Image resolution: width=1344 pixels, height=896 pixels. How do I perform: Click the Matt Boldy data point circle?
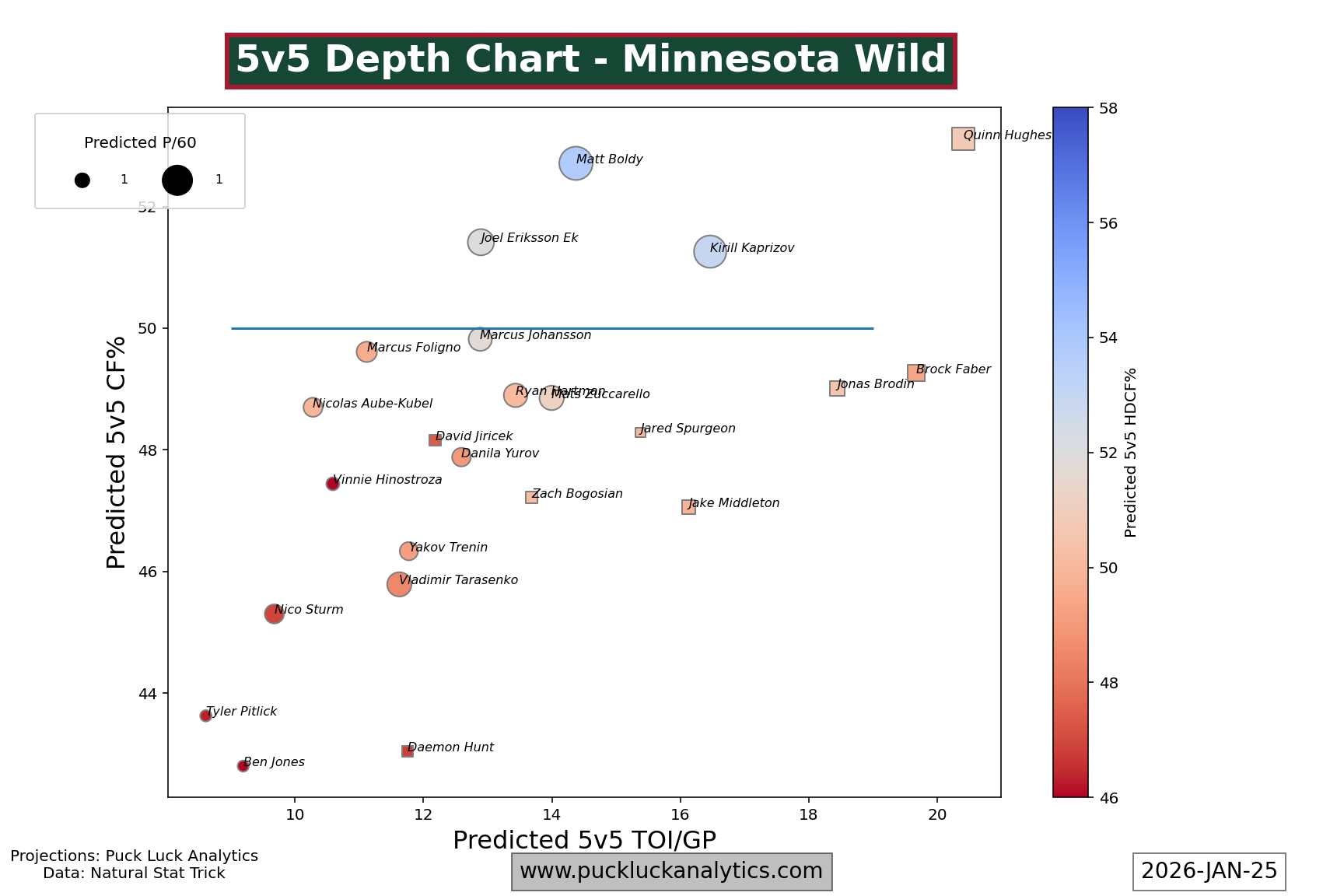pos(576,163)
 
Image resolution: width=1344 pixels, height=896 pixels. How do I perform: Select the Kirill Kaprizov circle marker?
pos(709,252)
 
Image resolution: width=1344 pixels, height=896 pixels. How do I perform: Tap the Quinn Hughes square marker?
pos(963,139)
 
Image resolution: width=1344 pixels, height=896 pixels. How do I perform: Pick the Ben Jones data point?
pos(243,766)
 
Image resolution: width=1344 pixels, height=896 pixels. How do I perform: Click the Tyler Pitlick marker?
pos(205,716)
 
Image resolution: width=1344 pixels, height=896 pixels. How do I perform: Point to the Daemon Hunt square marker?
pos(408,751)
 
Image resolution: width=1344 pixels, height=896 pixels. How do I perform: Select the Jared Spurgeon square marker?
pos(640,432)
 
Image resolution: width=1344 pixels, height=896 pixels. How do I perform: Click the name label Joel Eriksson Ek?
pos(529,238)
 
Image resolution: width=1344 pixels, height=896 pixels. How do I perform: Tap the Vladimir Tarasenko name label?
pos(458,580)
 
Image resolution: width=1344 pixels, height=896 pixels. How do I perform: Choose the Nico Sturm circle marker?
pos(274,614)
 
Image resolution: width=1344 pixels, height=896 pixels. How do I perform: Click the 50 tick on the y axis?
pos(147,329)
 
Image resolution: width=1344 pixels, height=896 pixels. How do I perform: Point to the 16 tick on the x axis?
pos(681,814)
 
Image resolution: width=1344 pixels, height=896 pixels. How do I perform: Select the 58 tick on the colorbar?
pos(1107,108)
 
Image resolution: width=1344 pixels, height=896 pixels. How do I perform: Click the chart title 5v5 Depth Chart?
pos(590,61)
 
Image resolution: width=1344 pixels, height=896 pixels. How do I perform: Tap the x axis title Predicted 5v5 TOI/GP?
pos(584,840)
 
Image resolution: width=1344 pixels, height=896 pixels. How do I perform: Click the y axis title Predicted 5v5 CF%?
pos(117,452)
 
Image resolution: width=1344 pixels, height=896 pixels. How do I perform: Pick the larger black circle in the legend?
pos(177,180)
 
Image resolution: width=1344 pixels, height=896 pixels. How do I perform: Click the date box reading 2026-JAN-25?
pos(1209,871)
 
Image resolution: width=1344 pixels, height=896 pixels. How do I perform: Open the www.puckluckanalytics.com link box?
pos(671,871)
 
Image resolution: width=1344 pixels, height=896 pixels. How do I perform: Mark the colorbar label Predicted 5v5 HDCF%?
pos(1131,452)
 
